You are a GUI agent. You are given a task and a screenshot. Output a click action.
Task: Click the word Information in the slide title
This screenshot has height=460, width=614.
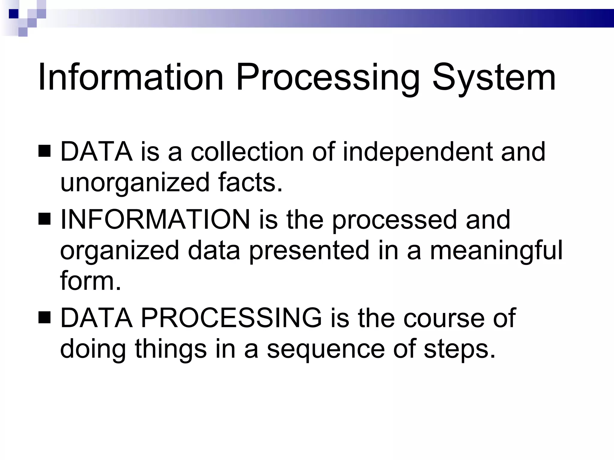[x=130, y=77]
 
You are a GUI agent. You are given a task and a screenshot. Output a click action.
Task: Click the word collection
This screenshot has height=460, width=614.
[x=247, y=152]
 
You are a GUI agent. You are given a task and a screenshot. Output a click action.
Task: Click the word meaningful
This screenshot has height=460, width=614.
[x=496, y=251]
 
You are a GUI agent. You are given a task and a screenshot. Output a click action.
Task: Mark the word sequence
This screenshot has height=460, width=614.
[x=326, y=349]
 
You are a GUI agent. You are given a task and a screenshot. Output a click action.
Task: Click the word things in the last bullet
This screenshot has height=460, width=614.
[x=171, y=349]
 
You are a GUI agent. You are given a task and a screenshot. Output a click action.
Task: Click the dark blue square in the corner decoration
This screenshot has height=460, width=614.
[x=13, y=13]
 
